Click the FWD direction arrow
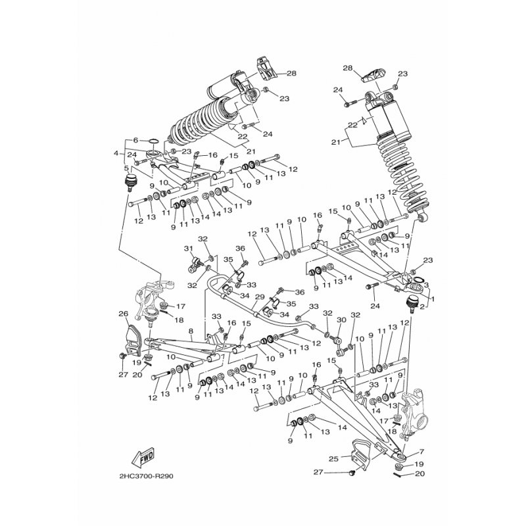(x=143, y=456)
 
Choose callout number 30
(x=341, y=320)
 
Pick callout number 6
(x=135, y=140)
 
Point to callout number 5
(x=126, y=168)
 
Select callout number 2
(x=421, y=306)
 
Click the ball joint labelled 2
(x=412, y=303)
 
